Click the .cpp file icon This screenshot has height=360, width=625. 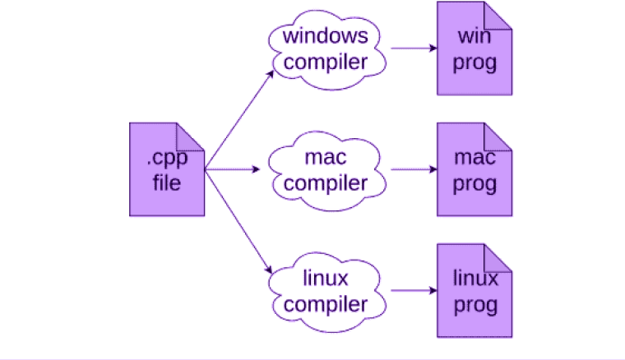(x=167, y=169)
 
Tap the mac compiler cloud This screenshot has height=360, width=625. (x=326, y=170)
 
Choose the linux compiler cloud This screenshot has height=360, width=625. (x=326, y=291)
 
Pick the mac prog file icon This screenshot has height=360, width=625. (x=475, y=170)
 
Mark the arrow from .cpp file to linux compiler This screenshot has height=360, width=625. (x=238, y=222)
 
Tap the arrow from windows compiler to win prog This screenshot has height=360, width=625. (x=413, y=48)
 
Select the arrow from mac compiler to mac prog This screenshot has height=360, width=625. (x=413, y=170)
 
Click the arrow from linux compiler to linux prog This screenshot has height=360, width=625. (x=413, y=291)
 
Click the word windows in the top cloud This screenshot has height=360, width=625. (x=326, y=36)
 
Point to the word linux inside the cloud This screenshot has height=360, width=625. (x=326, y=279)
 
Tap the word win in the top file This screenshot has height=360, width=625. (x=474, y=37)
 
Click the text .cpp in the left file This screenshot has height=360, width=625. (x=165, y=157)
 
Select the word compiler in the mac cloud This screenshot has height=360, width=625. (x=326, y=182)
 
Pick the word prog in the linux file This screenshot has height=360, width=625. (x=475, y=305)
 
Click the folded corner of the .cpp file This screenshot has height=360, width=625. (x=191, y=136)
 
